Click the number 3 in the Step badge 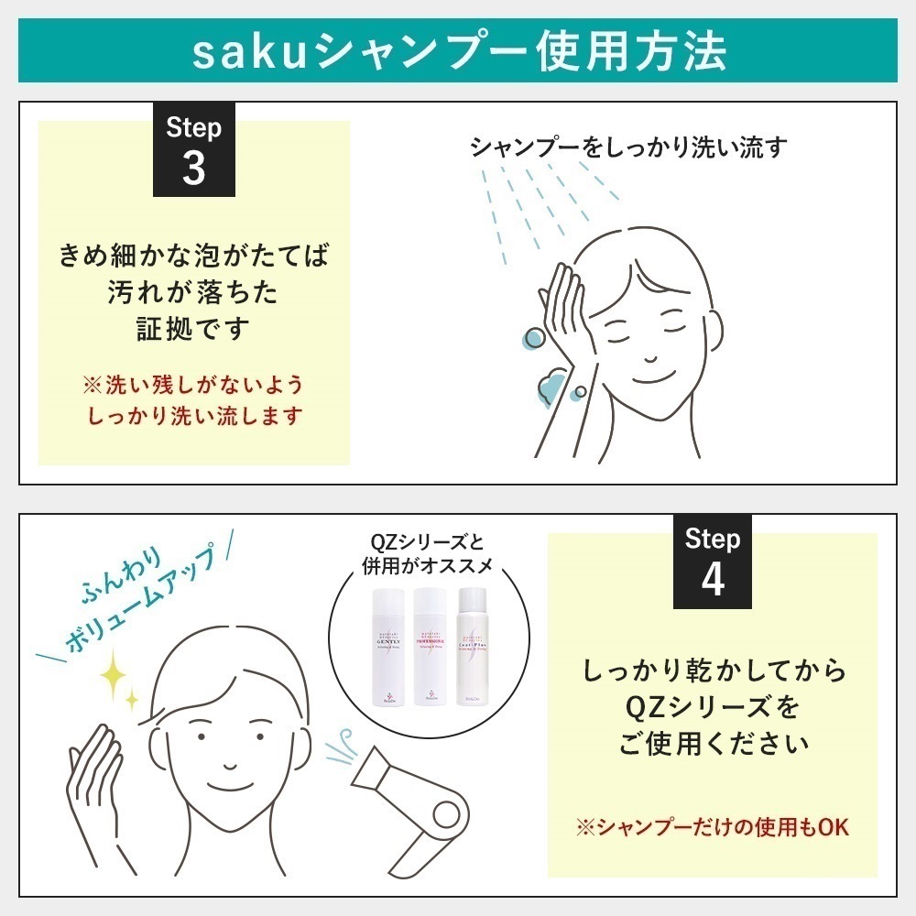click(193, 168)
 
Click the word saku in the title click(240, 51)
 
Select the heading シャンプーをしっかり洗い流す click(628, 147)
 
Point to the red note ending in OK click(712, 827)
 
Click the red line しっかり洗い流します click(194, 415)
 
